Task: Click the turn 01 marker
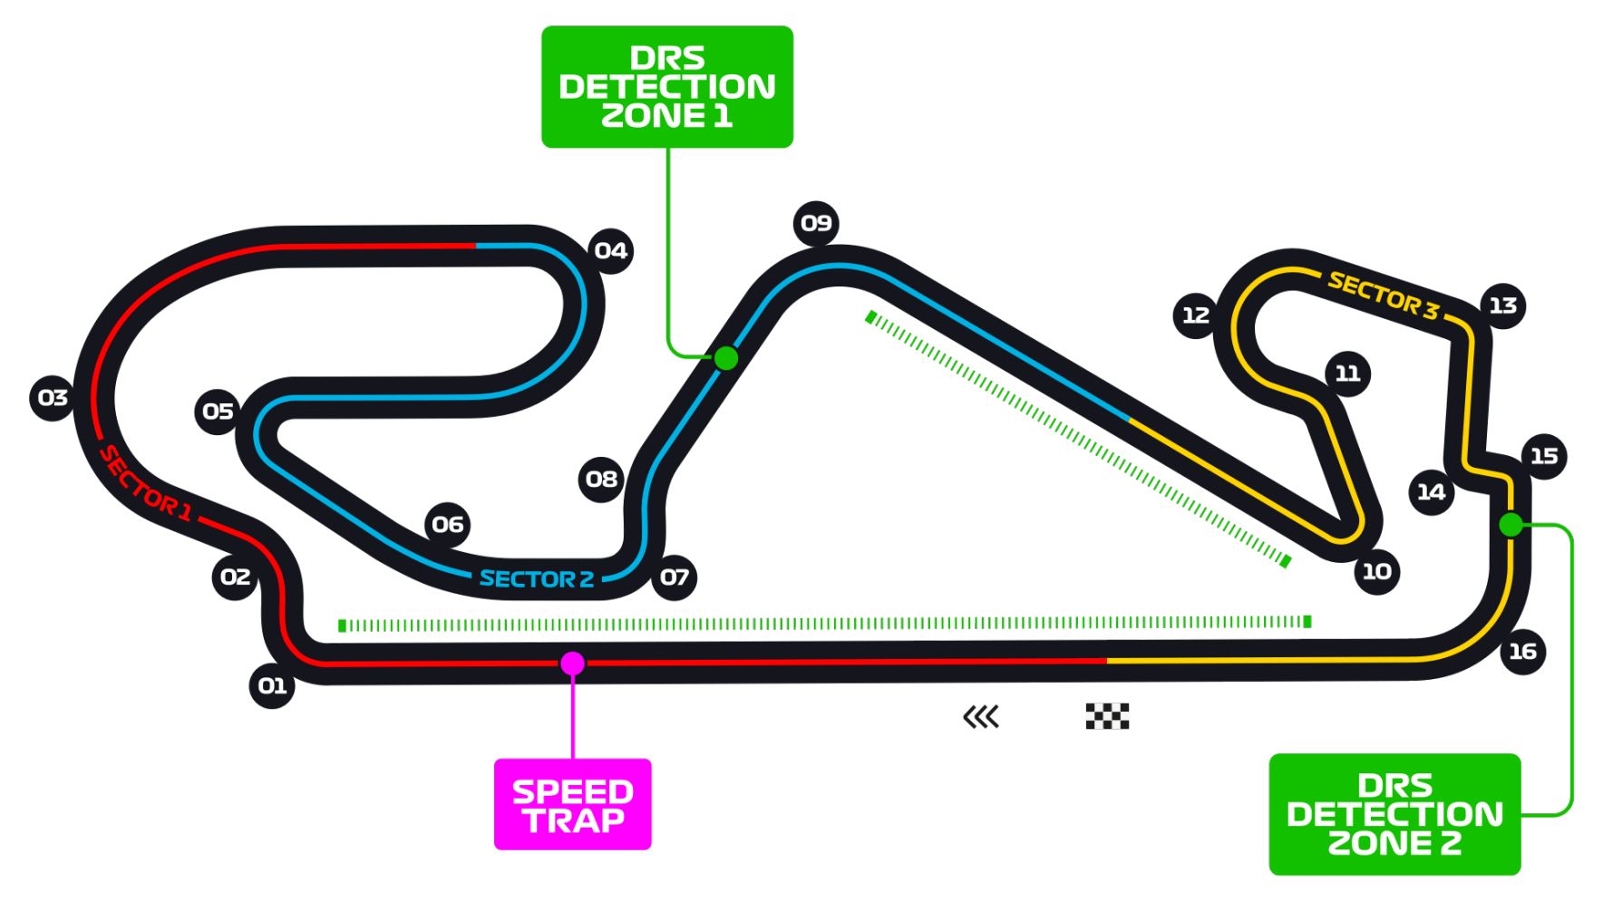(x=272, y=685)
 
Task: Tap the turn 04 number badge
(x=610, y=251)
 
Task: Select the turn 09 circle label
(x=816, y=223)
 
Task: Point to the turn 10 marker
(x=1376, y=571)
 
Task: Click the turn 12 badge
(x=1195, y=315)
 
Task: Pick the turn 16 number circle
(x=1522, y=651)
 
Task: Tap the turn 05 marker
(x=218, y=412)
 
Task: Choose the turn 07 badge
(x=675, y=577)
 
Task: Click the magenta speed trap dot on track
(x=572, y=664)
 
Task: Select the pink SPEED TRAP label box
(x=572, y=804)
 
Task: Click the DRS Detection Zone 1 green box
(x=667, y=87)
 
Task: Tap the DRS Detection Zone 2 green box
(x=1394, y=814)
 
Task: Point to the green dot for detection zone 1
(x=726, y=358)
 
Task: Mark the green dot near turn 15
(x=1511, y=524)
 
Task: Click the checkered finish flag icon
(x=1107, y=716)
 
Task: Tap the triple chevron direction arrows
(x=981, y=717)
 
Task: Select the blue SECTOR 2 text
(x=536, y=579)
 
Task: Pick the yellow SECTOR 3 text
(x=1383, y=296)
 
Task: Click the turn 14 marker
(x=1431, y=492)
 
